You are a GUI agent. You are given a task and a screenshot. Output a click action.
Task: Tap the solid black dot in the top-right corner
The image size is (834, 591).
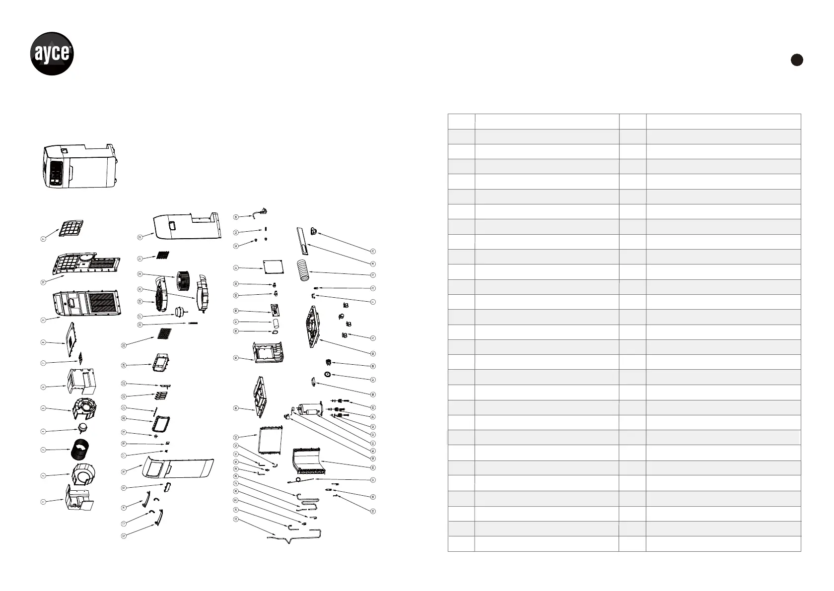(x=797, y=60)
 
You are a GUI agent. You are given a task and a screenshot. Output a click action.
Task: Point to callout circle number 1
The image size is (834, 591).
(x=43, y=502)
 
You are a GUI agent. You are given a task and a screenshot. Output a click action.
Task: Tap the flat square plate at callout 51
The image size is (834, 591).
(x=274, y=267)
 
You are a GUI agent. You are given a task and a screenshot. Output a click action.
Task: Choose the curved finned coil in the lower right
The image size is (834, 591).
(x=308, y=461)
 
